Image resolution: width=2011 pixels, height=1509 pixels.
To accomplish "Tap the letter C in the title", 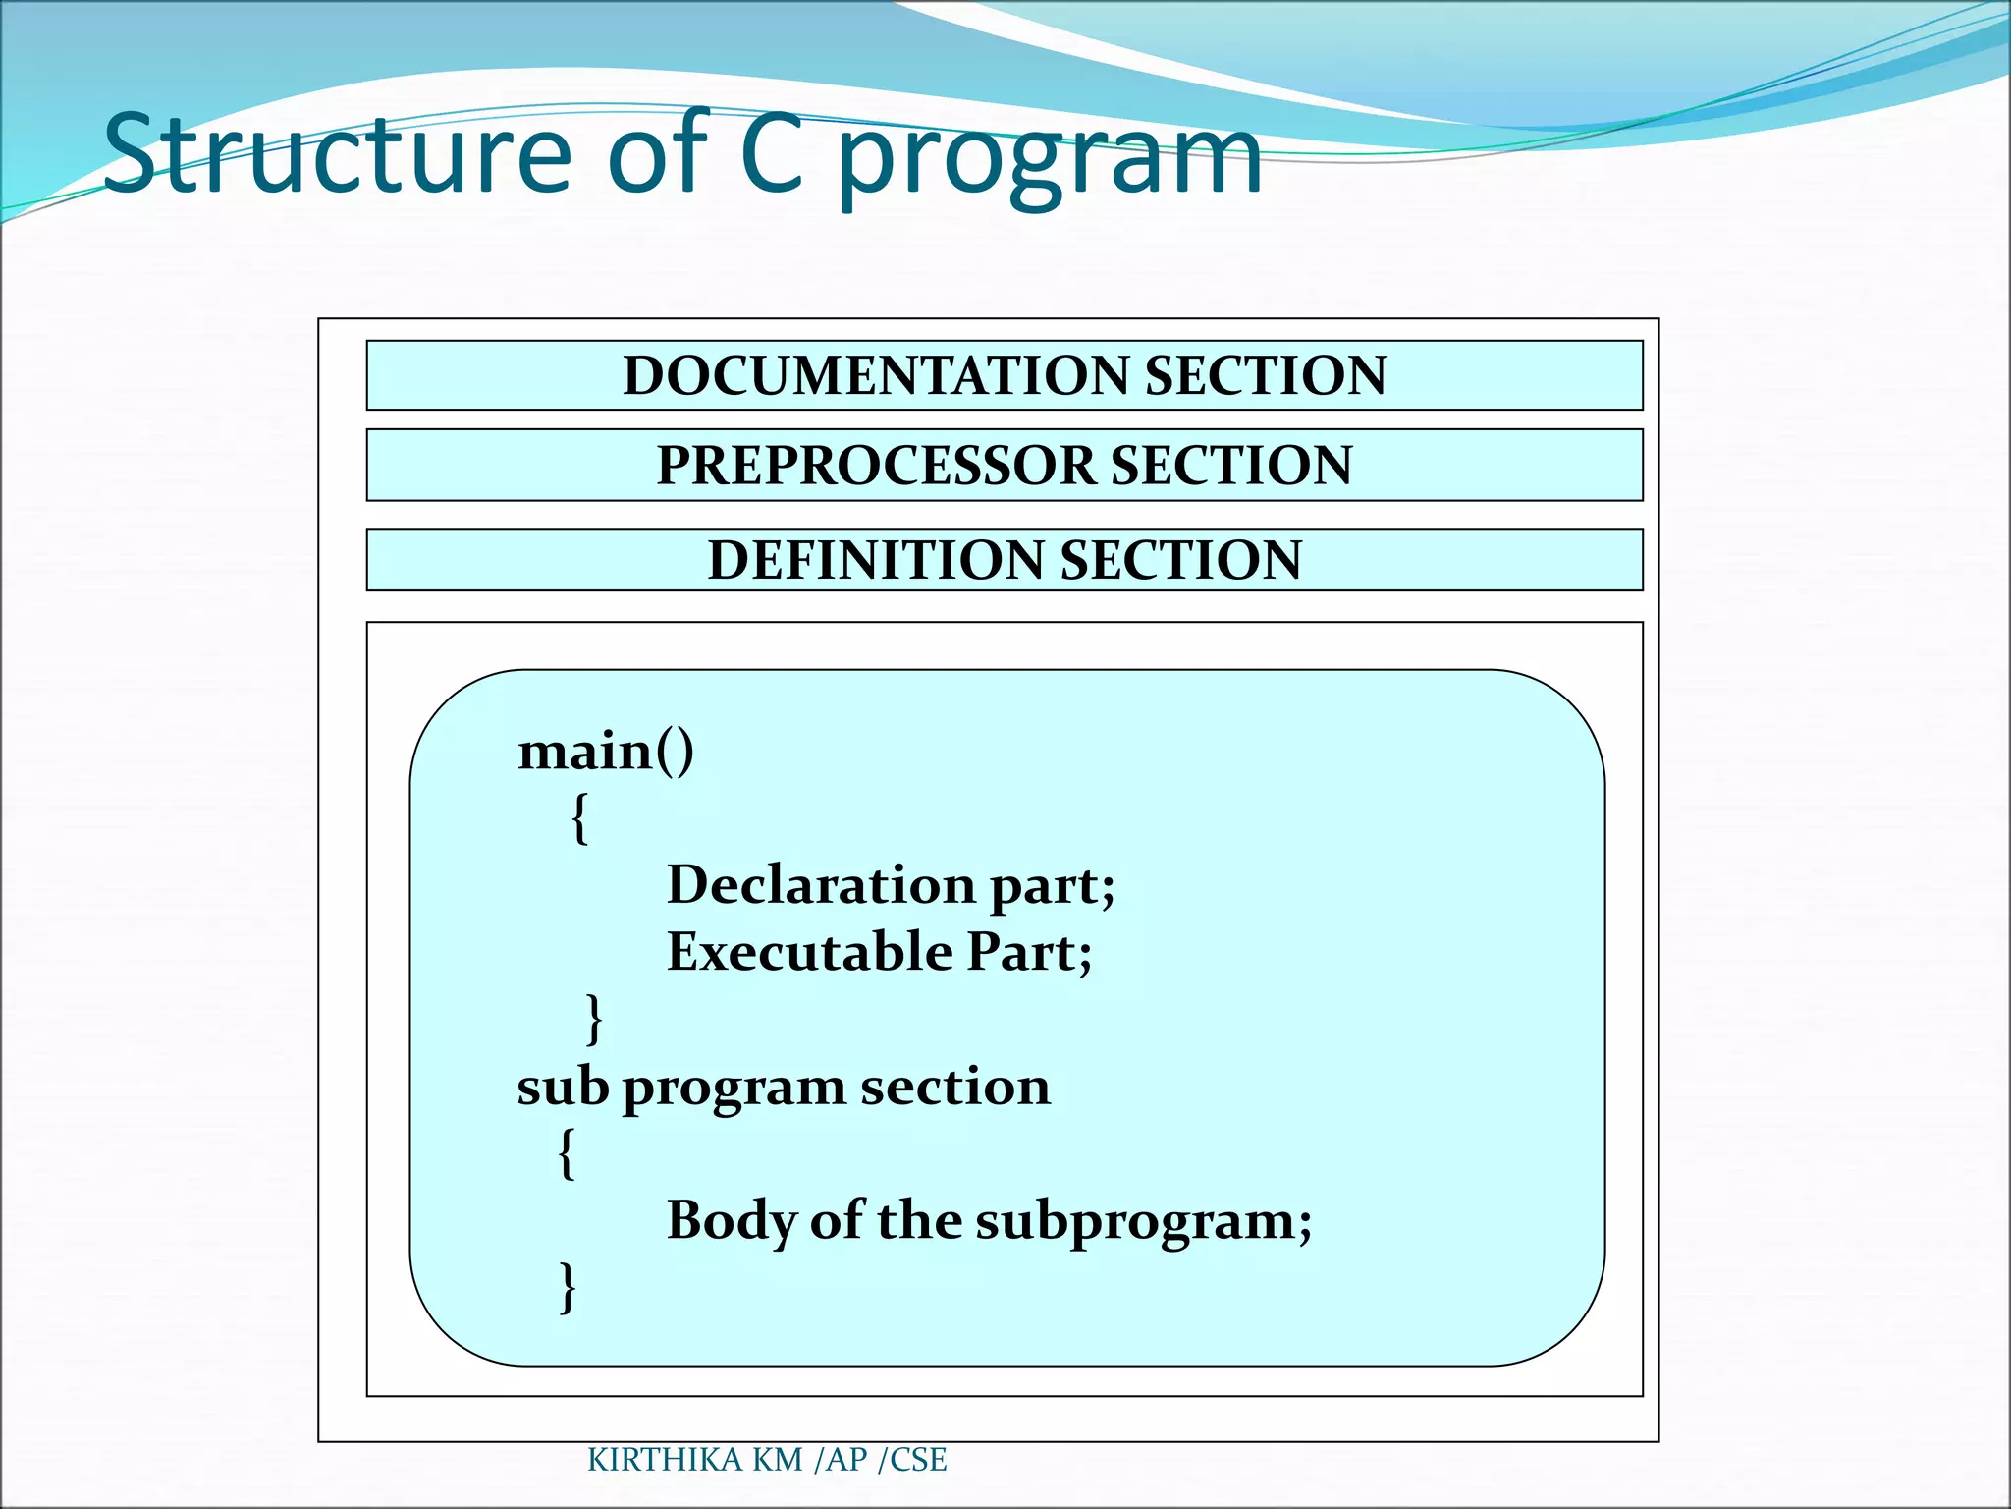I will coord(775,153).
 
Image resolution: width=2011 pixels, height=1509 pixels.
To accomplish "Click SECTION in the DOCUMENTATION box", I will coord(1266,375).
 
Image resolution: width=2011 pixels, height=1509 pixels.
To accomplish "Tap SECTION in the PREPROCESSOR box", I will coord(1231,466).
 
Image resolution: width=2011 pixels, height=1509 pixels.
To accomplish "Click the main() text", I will coord(606,753).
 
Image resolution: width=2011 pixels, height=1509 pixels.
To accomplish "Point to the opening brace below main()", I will coord(580,817).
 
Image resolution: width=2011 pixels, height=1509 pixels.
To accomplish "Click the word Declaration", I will coord(821,885).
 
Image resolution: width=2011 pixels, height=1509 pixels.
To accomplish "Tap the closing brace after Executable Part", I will coord(594,1019).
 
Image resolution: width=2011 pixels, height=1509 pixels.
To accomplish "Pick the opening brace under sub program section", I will coord(567,1152).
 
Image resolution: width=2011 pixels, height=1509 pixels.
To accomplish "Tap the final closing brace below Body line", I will coord(567,1287).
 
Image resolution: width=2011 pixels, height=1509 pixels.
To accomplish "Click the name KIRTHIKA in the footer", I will coord(665,1460).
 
